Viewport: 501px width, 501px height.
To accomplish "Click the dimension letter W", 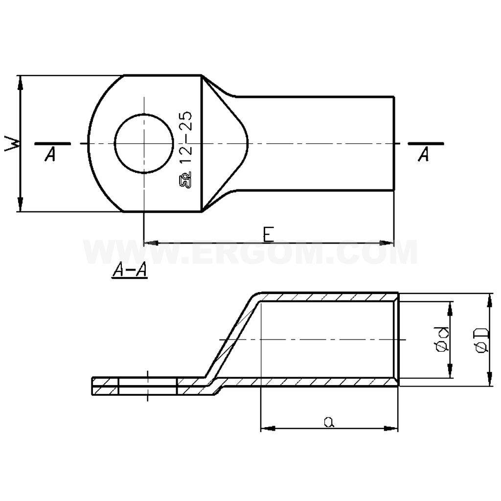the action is pos(12,144).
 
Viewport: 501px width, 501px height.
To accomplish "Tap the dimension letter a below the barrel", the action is pos(329,422).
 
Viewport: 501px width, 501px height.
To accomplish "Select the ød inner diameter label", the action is pos(442,339).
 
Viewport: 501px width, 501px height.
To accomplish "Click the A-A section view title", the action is pos(129,270).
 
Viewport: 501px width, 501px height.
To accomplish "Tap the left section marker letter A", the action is pos(50,155).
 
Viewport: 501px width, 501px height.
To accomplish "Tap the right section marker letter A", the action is pos(424,155).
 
